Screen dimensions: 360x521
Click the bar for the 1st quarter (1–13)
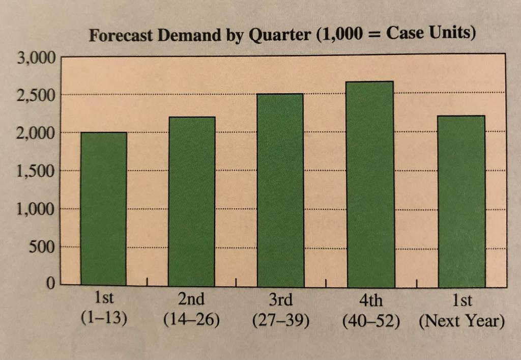coord(104,209)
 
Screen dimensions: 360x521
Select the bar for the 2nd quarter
coord(192,201)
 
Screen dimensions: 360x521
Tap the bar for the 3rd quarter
coord(280,189)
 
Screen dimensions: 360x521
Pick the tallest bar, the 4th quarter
coord(370,183)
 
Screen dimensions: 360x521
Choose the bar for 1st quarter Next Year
coord(461,201)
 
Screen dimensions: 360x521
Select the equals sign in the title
coord(374,37)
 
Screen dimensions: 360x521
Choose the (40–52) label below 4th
coord(371,321)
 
